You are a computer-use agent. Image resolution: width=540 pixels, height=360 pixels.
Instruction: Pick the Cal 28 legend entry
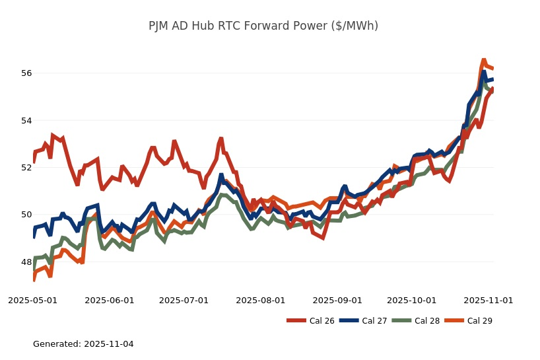click(416, 321)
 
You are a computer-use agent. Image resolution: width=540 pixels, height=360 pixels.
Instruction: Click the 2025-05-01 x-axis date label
click(32, 300)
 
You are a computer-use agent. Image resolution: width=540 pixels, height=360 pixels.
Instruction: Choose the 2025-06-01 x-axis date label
click(110, 300)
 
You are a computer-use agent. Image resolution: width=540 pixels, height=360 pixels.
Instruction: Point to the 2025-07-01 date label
click(184, 300)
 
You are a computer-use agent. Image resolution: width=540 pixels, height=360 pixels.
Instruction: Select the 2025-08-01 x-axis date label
click(261, 300)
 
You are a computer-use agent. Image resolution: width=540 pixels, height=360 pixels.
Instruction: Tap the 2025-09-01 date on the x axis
click(337, 300)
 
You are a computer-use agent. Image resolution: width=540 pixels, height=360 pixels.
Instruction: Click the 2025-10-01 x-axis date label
click(412, 300)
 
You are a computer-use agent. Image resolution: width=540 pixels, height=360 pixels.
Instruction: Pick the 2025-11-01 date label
click(489, 300)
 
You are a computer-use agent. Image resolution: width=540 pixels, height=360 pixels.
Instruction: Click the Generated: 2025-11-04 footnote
click(83, 344)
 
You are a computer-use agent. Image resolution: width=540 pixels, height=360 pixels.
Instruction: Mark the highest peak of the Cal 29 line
click(483, 59)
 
